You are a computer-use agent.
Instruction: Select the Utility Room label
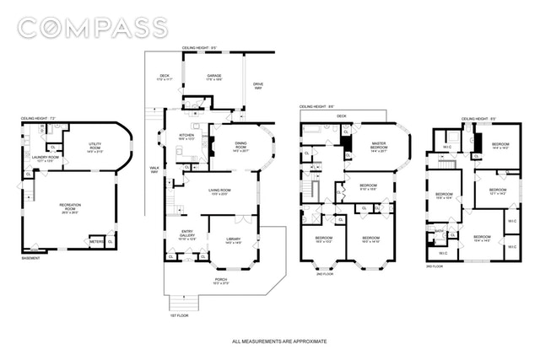[94, 147]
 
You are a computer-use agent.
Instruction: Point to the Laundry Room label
[47, 158]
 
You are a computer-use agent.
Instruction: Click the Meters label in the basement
[96, 242]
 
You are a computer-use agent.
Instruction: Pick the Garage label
[213, 77]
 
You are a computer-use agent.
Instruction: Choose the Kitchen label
[186, 137]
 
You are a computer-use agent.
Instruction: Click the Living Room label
[220, 192]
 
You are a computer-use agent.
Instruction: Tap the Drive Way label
[258, 85]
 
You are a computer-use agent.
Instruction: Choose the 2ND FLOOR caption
[324, 274]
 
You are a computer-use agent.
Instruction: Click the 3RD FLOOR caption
[434, 266]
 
